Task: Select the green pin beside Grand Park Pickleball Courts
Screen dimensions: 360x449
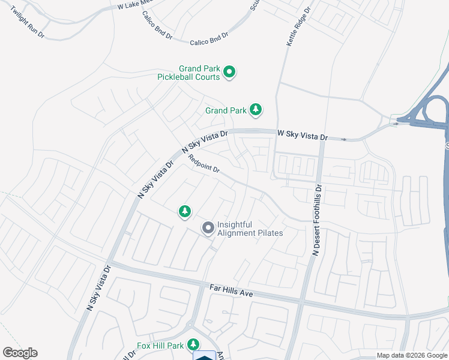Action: pyautogui.click(x=229, y=73)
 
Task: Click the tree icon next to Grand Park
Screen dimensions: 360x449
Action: pyautogui.click(x=256, y=109)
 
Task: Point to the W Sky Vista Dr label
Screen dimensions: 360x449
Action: pyautogui.click(x=302, y=136)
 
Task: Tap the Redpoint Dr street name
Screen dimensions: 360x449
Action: pyautogui.click(x=204, y=164)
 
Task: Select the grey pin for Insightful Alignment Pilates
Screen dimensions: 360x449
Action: pyautogui.click(x=208, y=228)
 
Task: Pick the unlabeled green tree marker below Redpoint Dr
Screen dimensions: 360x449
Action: pyautogui.click(x=185, y=211)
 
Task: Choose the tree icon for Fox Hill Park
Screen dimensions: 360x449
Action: pyautogui.click(x=193, y=344)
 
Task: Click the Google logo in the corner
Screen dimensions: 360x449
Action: pyautogui.click(x=20, y=353)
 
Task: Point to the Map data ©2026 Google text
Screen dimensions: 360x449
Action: pyautogui.click(x=412, y=355)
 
